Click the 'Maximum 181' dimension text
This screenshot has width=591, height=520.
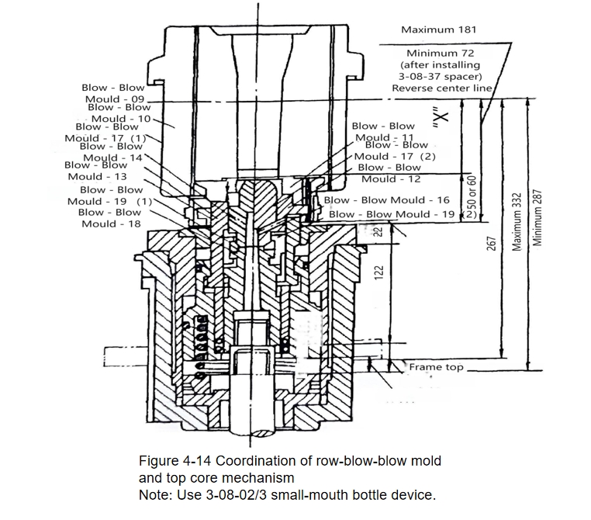(439, 29)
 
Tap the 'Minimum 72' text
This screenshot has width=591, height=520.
(441, 54)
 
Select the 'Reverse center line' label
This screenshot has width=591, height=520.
(442, 88)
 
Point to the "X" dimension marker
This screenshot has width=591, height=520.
(441, 120)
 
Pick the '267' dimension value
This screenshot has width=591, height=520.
(491, 244)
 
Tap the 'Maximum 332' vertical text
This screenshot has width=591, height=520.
(517, 222)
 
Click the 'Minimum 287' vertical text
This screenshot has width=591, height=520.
(537, 218)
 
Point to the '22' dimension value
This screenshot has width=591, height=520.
(379, 231)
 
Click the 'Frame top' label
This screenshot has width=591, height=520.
(436, 367)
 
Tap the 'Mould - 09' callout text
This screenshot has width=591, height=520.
(115, 99)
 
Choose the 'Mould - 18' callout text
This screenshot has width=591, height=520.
(111, 224)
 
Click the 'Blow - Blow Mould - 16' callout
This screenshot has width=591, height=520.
(387, 200)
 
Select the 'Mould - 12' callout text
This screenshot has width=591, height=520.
(391, 179)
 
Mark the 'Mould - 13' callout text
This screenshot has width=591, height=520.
(97, 176)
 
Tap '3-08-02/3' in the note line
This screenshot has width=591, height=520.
(237, 494)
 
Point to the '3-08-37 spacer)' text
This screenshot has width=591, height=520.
(441, 77)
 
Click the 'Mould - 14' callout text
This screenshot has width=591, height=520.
(112, 158)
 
